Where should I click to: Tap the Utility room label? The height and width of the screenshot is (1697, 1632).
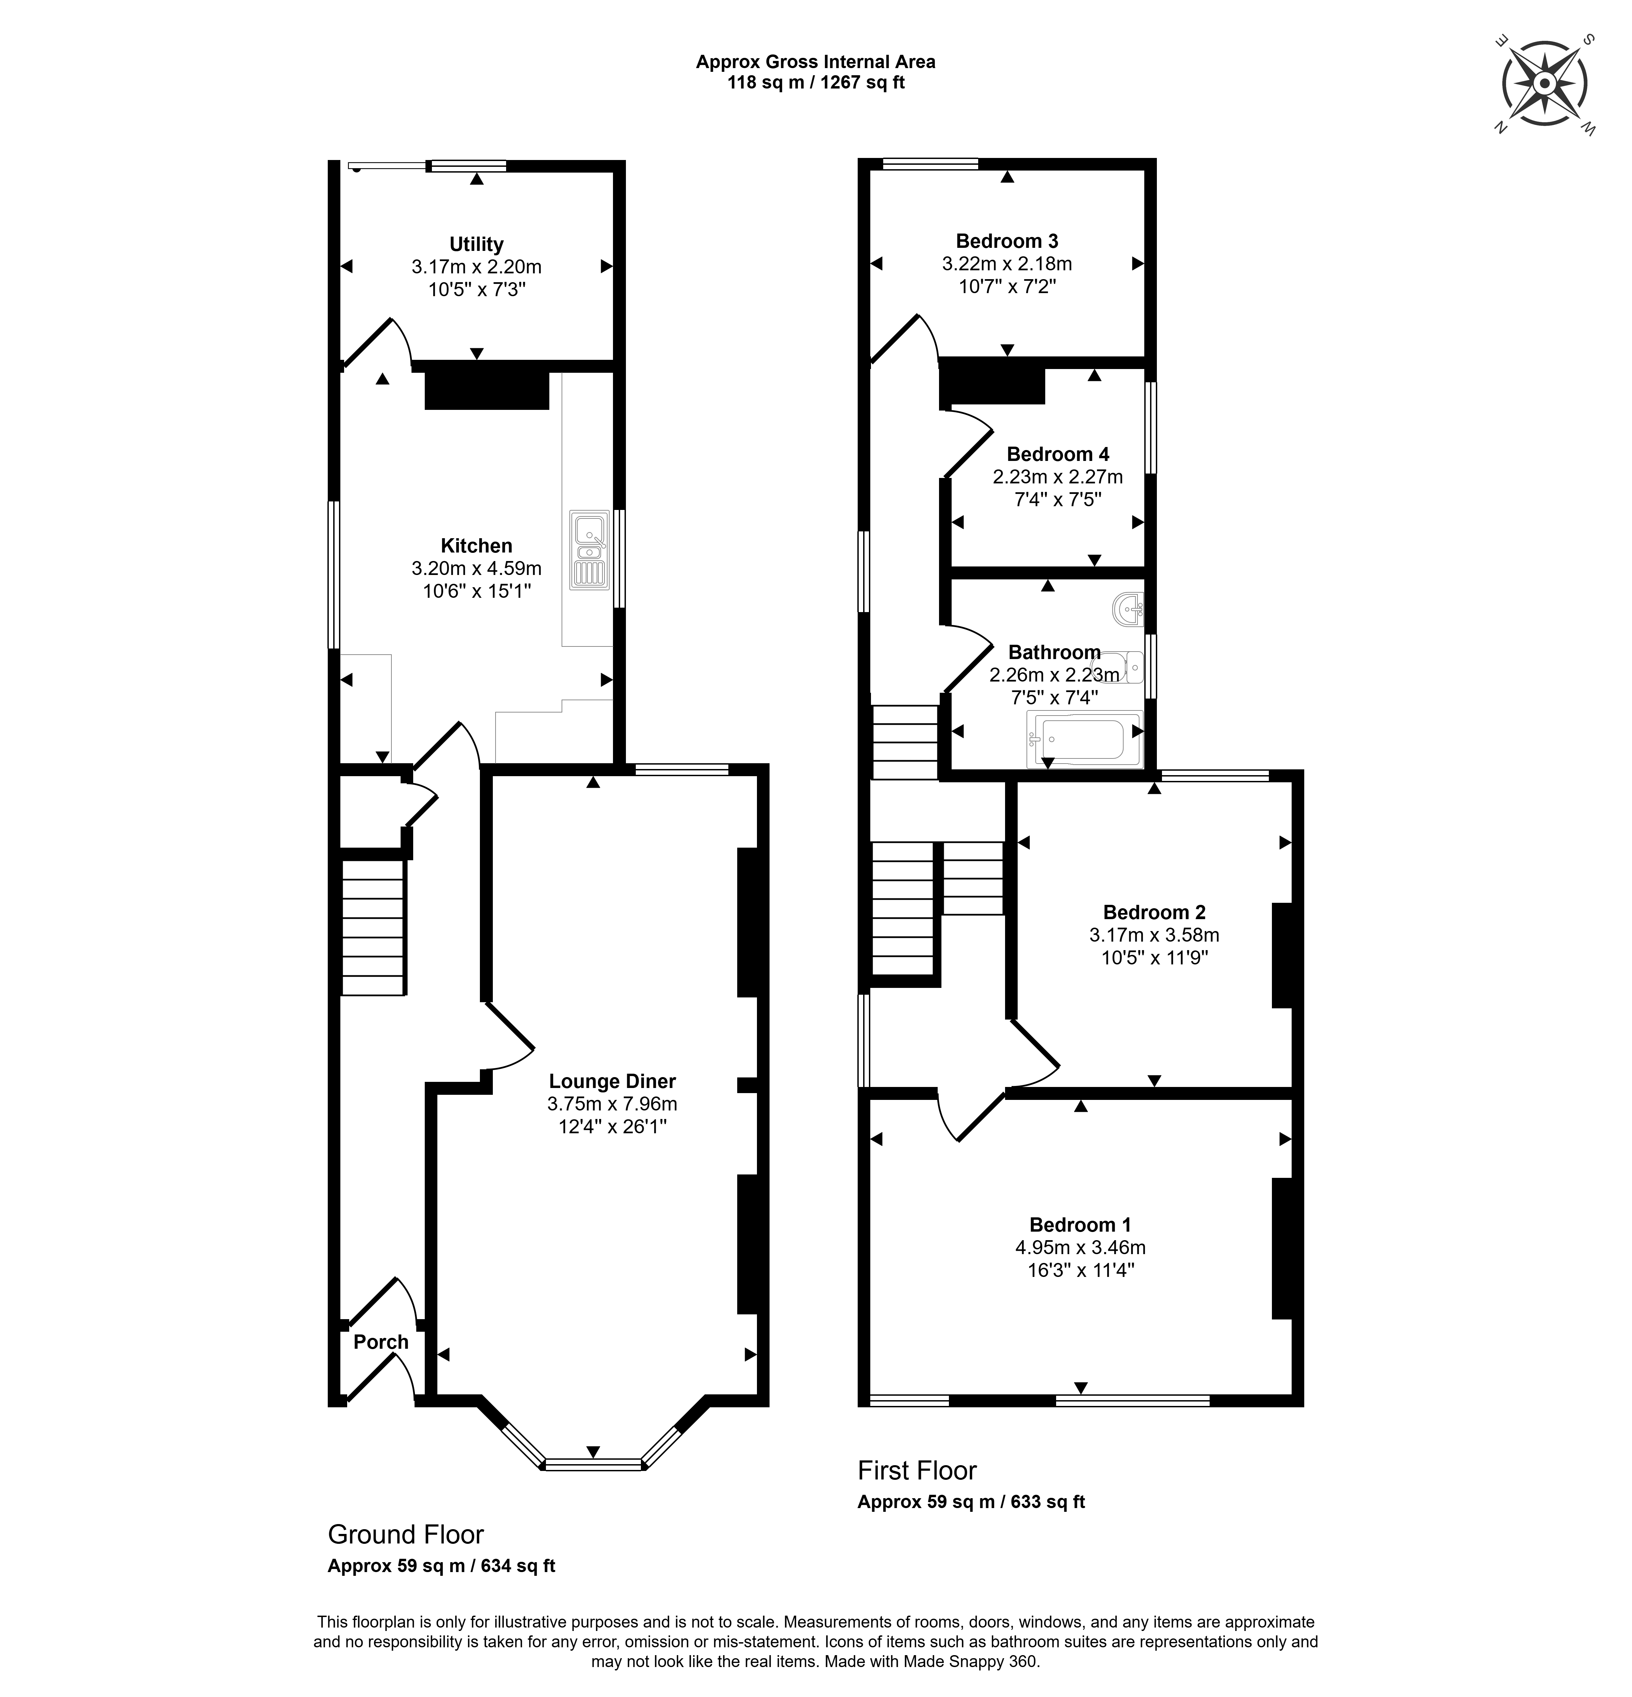(x=476, y=244)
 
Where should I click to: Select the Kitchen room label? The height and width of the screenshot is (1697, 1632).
(x=476, y=545)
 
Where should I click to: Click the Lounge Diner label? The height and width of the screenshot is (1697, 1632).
(x=612, y=1082)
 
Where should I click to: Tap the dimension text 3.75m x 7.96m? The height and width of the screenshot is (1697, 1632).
(x=612, y=1104)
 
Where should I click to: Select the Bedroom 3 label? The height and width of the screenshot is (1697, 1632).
(x=1007, y=241)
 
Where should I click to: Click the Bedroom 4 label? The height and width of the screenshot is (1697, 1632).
(x=1058, y=454)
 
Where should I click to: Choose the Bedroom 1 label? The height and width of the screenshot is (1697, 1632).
(x=1081, y=1224)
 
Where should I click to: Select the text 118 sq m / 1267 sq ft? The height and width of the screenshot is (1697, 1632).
(x=815, y=83)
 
